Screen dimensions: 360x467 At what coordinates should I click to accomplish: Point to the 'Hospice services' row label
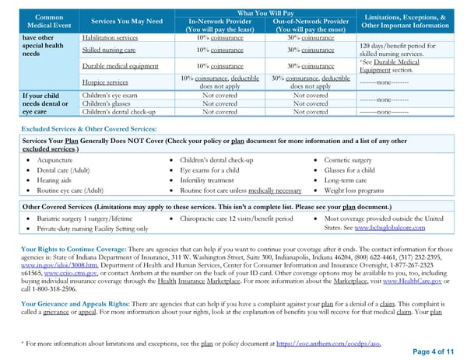106,82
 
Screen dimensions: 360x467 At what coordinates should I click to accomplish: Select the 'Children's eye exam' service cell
110,94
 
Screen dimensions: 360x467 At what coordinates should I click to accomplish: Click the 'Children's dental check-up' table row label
118,111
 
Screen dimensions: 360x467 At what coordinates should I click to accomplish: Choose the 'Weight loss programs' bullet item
360,189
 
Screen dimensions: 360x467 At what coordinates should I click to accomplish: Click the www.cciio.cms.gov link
72,274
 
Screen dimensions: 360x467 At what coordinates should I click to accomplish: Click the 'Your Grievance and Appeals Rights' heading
75,301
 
